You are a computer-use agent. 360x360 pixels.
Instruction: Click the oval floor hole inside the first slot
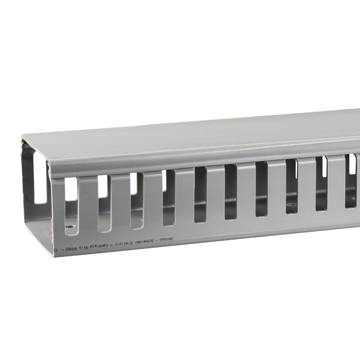72,227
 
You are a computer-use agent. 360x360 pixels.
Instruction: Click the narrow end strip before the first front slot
58,211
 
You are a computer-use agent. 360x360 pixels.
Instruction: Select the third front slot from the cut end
137,201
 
